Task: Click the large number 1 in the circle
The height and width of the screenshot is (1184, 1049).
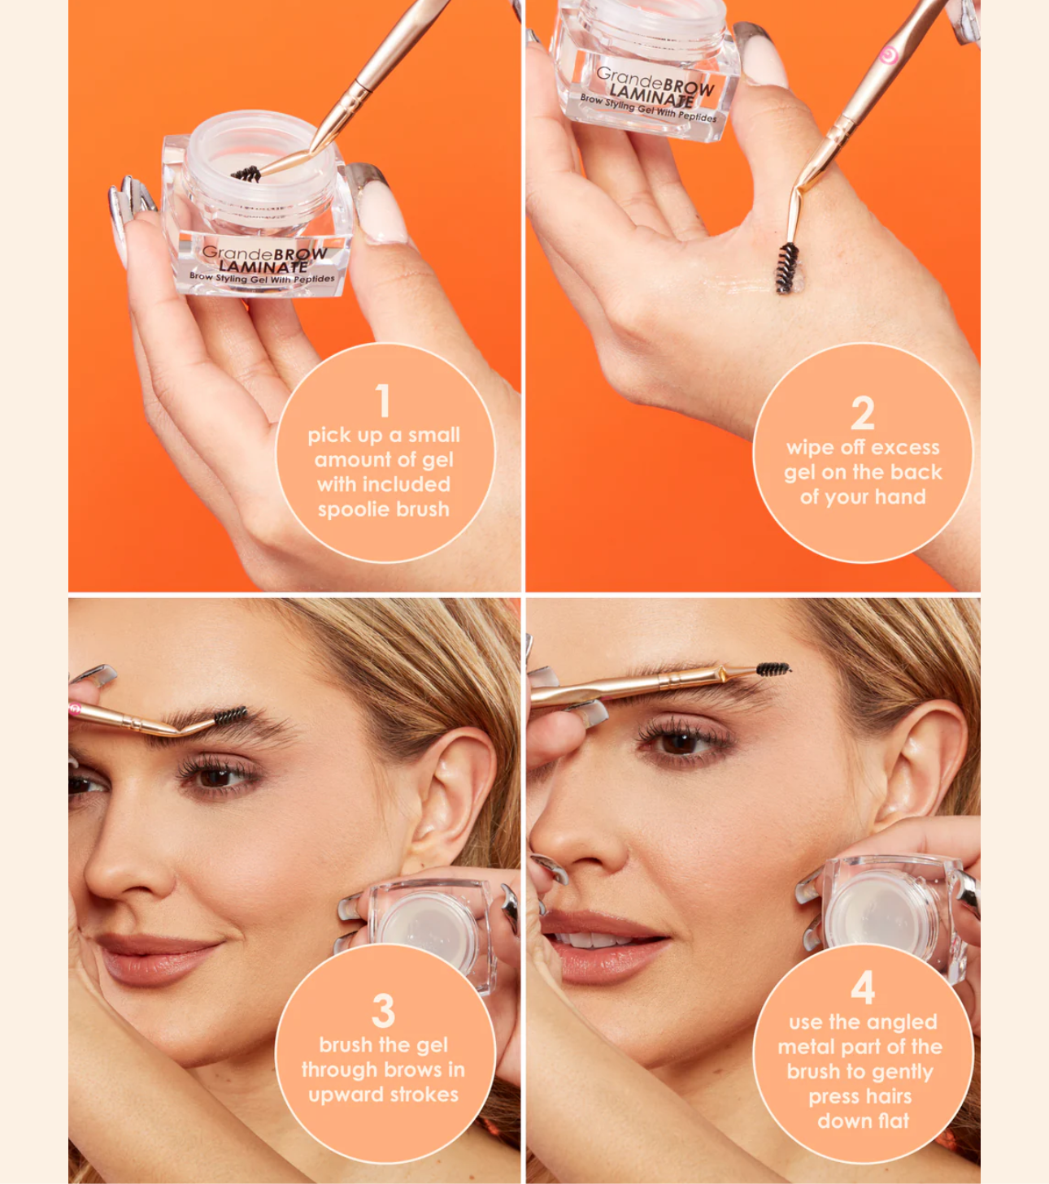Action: (x=383, y=401)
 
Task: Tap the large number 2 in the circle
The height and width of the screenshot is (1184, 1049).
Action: (x=862, y=413)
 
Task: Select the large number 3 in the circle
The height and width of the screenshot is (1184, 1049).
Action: (x=383, y=1011)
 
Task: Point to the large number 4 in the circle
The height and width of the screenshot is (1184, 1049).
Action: (x=863, y=987)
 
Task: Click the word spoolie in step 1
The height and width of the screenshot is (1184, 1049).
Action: (x=353, y=510)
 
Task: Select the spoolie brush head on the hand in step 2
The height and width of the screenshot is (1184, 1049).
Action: (x=785, y=269)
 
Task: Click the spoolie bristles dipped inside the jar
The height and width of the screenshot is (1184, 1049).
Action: (x=246, y=173)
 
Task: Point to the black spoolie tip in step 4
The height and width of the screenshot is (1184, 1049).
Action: (x=773, y=670)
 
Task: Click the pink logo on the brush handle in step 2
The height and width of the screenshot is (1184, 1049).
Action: (x=889, y=55)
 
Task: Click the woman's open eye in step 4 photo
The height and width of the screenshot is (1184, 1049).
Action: (x=681, y=742)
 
